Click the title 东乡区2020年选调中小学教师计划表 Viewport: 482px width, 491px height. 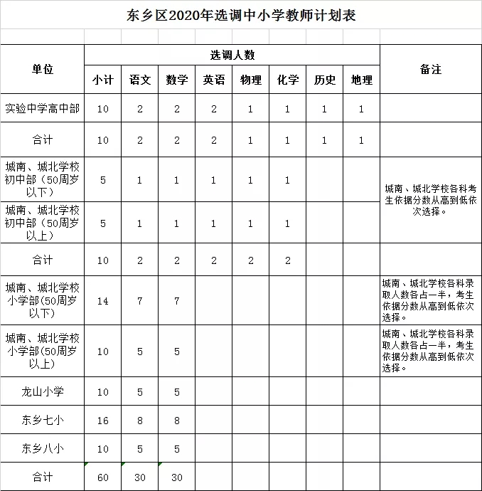point(240,15)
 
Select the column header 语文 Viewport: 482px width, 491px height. point(140,80)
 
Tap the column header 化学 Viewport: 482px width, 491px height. point(288,80)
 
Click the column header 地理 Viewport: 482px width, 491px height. point(362,80)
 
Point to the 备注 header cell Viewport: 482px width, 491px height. point(431,69)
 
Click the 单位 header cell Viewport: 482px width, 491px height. point(43,69)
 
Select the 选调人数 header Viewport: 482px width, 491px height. point(232,55)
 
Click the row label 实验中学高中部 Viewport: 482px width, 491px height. point(43,109)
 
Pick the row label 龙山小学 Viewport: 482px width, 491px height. point(43,391)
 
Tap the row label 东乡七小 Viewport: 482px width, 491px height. point(43,421)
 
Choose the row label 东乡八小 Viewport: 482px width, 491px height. point(43,448)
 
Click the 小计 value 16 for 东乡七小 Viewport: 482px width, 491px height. point(103,421)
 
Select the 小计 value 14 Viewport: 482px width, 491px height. point(103,301)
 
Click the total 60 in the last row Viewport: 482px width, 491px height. point(103,477)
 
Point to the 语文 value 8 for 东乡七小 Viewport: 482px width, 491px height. point(140,421)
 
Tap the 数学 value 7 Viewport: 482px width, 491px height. point(177,301)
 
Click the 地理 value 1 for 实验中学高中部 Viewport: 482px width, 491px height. point(362,109)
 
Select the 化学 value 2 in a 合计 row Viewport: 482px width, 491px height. point(288,260)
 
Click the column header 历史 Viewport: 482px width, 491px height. point(325,80)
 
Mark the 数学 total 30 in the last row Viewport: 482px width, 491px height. point(177,477)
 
